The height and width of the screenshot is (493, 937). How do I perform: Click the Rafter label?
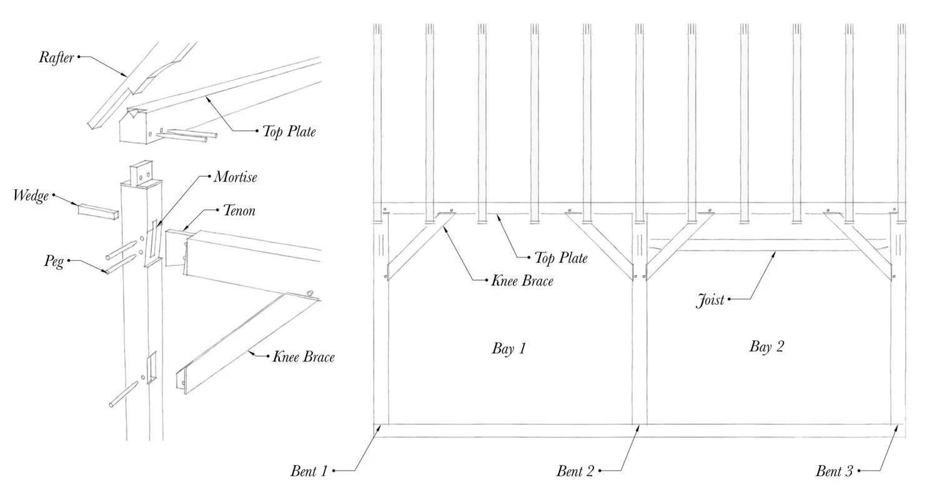(x=56, y=57)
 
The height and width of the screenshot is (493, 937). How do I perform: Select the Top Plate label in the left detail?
(x=289, y=131)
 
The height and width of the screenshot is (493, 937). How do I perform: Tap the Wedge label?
(x=31, y=196)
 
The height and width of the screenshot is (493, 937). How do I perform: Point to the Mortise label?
(x=235, y=177)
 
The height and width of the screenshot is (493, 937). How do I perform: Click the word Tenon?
(x=239, y=211)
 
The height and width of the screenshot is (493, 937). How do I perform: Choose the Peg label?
(x=54, y=261)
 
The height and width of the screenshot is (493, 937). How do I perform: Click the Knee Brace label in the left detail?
(x=303, y=357)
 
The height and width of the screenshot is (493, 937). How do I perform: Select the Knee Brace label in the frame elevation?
(x=522, y=281)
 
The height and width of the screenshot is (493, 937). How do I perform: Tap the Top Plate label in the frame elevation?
(x=560, y=257)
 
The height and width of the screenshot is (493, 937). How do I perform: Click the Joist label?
(x=710, y=301)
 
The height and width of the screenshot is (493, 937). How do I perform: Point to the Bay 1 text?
(x=508, y=349)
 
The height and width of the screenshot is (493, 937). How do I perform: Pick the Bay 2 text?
(x=766, y=347)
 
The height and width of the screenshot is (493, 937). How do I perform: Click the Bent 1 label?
(x=309, y=471)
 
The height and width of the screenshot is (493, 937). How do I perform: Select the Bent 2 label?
(x=575, y=471)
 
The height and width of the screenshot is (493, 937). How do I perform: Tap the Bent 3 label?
(x=834, y=471)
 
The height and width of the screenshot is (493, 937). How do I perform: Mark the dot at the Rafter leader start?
(x=79, y=57)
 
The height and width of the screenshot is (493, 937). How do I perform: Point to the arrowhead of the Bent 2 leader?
(x=639, y=426)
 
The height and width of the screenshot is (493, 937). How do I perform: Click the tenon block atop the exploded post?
(x=141, y=172)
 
